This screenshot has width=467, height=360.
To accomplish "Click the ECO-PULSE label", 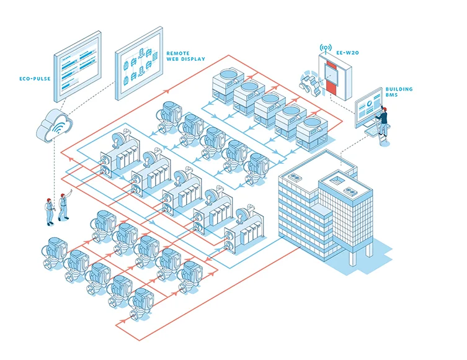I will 34,79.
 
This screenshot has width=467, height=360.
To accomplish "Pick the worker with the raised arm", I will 63,207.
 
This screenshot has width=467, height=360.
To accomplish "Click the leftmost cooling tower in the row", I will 227,81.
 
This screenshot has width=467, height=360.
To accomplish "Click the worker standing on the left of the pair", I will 48,210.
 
